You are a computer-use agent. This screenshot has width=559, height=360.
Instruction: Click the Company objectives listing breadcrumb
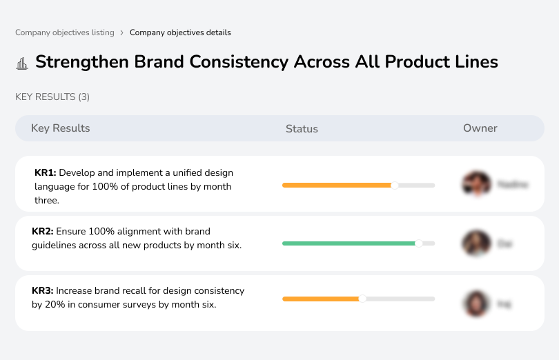pos(65,32)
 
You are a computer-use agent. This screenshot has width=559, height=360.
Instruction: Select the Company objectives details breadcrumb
pos(180,32)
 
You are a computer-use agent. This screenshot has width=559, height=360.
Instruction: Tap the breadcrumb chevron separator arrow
pos(122,32)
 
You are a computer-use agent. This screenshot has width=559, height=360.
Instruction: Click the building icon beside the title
pos(21,63)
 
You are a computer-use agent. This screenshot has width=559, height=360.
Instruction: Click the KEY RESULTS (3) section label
pos(52,97)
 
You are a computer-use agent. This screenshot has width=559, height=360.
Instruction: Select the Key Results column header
pos(60,128)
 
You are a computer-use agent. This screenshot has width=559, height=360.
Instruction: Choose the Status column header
pos(302,129)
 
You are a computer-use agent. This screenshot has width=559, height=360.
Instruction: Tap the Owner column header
pos(480,128)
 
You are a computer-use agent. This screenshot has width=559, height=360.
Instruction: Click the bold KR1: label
pos(45,173)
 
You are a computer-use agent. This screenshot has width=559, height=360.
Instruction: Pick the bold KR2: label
pos(43,232)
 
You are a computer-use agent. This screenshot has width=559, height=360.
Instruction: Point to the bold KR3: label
pos(43,291)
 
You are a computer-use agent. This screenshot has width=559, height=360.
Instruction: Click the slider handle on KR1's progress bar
pos(395,185)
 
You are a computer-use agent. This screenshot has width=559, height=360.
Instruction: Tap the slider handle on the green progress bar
pos(418,243)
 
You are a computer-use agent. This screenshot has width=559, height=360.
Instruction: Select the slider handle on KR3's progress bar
pos(362,299)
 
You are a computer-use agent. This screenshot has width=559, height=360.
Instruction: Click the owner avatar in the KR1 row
pos(475,184)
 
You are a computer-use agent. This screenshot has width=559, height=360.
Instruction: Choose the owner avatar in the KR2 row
pos(475,243)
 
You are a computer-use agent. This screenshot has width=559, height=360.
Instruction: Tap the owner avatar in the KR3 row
pos(475,303)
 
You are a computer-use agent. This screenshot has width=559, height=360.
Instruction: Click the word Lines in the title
pos(472,61)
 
